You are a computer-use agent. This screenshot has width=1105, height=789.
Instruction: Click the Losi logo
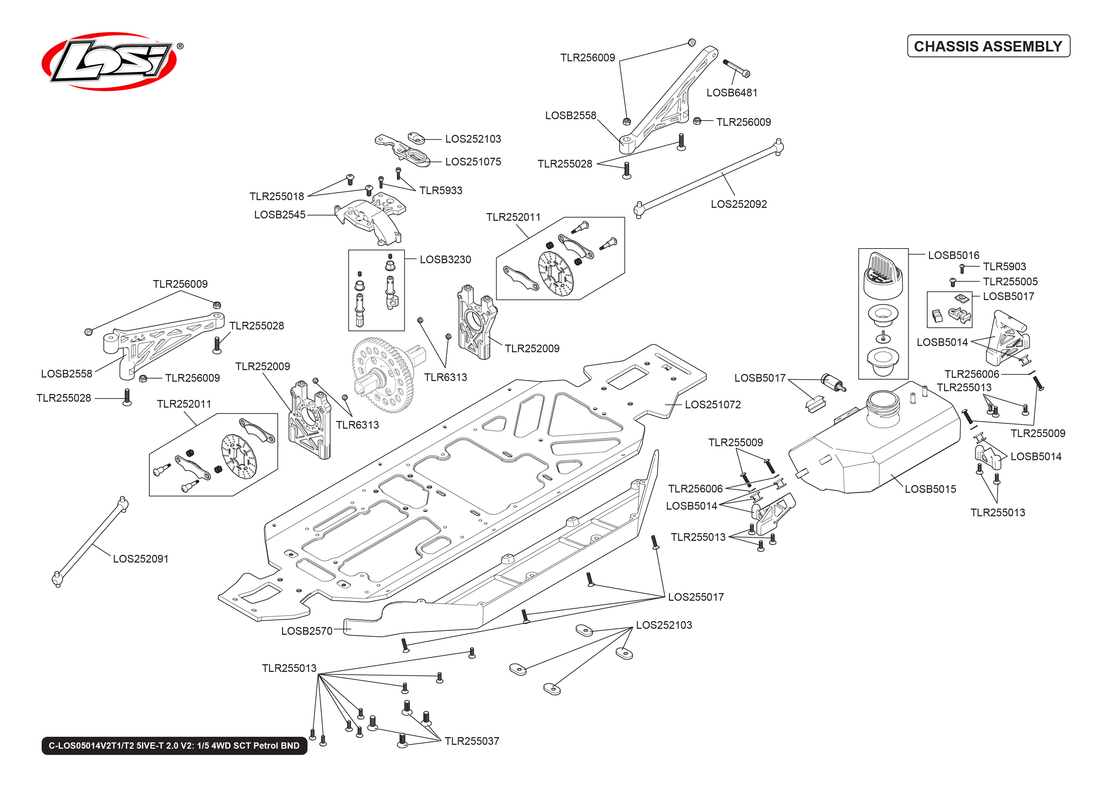[109, 62]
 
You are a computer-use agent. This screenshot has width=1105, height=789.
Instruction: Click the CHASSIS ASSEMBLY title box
[988, 46]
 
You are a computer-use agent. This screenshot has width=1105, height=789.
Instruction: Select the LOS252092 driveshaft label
[738, 204]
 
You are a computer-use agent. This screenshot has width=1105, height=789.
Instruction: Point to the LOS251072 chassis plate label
[712, 405]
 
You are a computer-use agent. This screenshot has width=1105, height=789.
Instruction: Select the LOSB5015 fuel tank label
[930, 489]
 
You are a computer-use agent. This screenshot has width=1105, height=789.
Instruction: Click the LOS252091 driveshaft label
[140, 559]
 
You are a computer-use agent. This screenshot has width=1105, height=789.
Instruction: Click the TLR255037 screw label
[471, 741]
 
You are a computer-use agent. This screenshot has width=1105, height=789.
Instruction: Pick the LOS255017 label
[695, 597]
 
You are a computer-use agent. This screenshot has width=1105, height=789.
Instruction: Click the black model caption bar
[174, 745]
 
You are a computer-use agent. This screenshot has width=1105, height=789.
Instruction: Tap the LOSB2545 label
[280, 215]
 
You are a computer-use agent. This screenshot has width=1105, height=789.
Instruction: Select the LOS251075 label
[473, 162]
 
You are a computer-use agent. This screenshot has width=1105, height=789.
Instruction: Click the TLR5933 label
[441, 190]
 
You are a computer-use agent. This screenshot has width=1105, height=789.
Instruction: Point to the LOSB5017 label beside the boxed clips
[1008, 297]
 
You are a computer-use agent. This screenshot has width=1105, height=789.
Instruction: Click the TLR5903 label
[1004, 267]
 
